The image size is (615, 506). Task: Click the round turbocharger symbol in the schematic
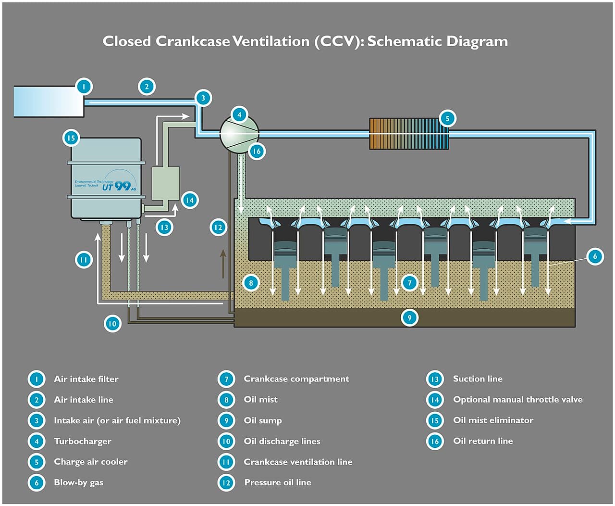tap(239, 134)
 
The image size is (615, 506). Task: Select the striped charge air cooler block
tap(409, 134)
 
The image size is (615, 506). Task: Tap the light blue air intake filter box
tap(49, 101)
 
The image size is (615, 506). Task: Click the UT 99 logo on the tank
tap(119, 186)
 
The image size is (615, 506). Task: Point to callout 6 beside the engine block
tap(595, 256)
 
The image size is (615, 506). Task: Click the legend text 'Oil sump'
tap(263, 420)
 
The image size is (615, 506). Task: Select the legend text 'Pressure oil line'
tap(278, 482)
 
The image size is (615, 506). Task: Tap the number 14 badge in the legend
tap(434, 400)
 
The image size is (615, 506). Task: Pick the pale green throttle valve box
tap(166, 183)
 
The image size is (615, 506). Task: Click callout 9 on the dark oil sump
tap(409, 317)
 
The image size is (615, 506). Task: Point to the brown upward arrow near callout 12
tap(223, 264)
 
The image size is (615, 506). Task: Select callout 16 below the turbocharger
tap(257, 151)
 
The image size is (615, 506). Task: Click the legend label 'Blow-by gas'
tap(78, 482)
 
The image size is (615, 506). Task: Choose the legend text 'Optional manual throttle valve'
tap(517, 399)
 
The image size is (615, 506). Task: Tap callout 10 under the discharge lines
tap(112, 324)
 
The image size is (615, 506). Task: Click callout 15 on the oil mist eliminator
tap(71, 138)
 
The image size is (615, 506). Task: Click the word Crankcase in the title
tap(193, 41)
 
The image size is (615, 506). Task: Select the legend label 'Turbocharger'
tap(83, 441)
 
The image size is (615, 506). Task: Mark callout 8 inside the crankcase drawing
tap(251, 282)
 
